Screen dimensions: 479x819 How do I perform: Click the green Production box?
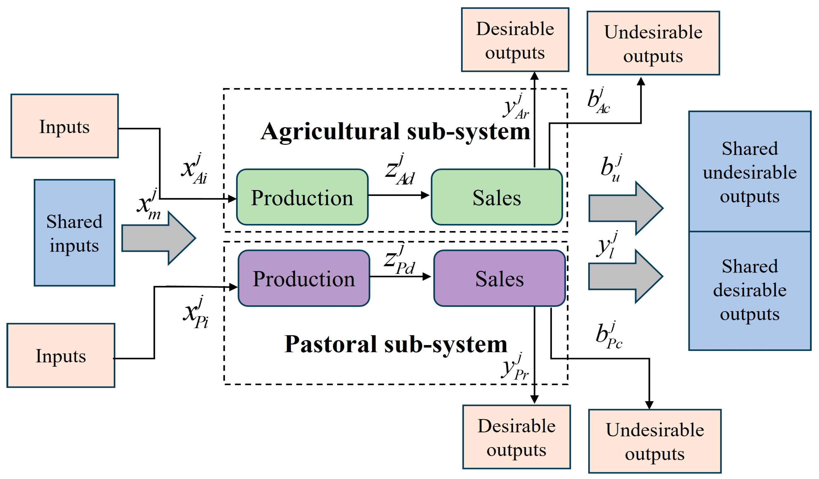coord(302,197)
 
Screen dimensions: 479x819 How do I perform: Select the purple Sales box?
coord(499,278)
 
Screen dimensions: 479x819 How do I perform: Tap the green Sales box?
coord(497,197)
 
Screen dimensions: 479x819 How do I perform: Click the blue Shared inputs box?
coord(74,233)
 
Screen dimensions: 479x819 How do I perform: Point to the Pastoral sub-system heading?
coord(396,344)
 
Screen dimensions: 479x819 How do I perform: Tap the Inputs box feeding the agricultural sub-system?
coord(64,126)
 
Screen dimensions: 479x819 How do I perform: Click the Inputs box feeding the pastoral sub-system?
coord(61,356)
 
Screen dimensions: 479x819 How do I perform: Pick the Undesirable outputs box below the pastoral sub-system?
coord(655,441)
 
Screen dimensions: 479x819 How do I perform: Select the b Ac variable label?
coord(599,101)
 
